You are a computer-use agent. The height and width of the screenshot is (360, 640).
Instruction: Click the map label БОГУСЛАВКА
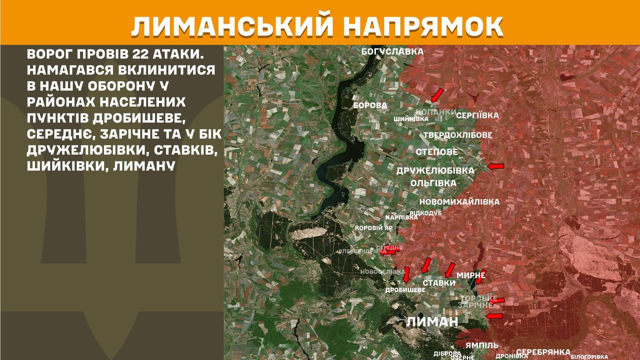[x=393, y=52]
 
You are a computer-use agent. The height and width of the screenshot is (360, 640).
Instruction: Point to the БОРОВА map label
[x=370, y=105]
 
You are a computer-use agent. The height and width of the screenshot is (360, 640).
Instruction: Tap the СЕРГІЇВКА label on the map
[x=477, y=115]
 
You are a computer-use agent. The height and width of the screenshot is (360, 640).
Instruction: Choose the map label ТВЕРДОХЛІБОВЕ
[x=458, y=135]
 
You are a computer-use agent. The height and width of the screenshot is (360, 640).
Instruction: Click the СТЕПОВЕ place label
[x=437, y=152]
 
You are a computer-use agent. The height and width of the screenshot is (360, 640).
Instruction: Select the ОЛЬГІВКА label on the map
[x=433, y=183]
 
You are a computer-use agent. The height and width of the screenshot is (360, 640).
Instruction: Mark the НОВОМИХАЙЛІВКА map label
[x=459, y=202]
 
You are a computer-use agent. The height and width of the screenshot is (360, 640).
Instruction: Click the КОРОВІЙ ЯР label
[x=374, y=228]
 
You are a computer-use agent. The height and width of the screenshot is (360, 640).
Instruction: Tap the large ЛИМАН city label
[x=432, y=322]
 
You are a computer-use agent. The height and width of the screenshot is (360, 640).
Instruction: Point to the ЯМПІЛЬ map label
[x=482, y=345]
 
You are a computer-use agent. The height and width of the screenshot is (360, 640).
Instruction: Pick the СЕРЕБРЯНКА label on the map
[x=543, y=352]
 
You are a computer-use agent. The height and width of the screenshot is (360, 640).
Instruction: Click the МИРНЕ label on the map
[x=470, y=276]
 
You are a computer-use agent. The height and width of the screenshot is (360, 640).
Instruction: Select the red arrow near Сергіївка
[x=437, y=95]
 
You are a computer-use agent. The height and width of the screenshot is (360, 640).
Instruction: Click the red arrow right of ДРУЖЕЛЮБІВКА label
[x=496, y=166]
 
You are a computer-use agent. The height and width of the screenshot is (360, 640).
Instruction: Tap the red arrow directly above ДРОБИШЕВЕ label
[x=406, y=274]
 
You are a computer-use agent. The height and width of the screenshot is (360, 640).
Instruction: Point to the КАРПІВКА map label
[x=402, y=217]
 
